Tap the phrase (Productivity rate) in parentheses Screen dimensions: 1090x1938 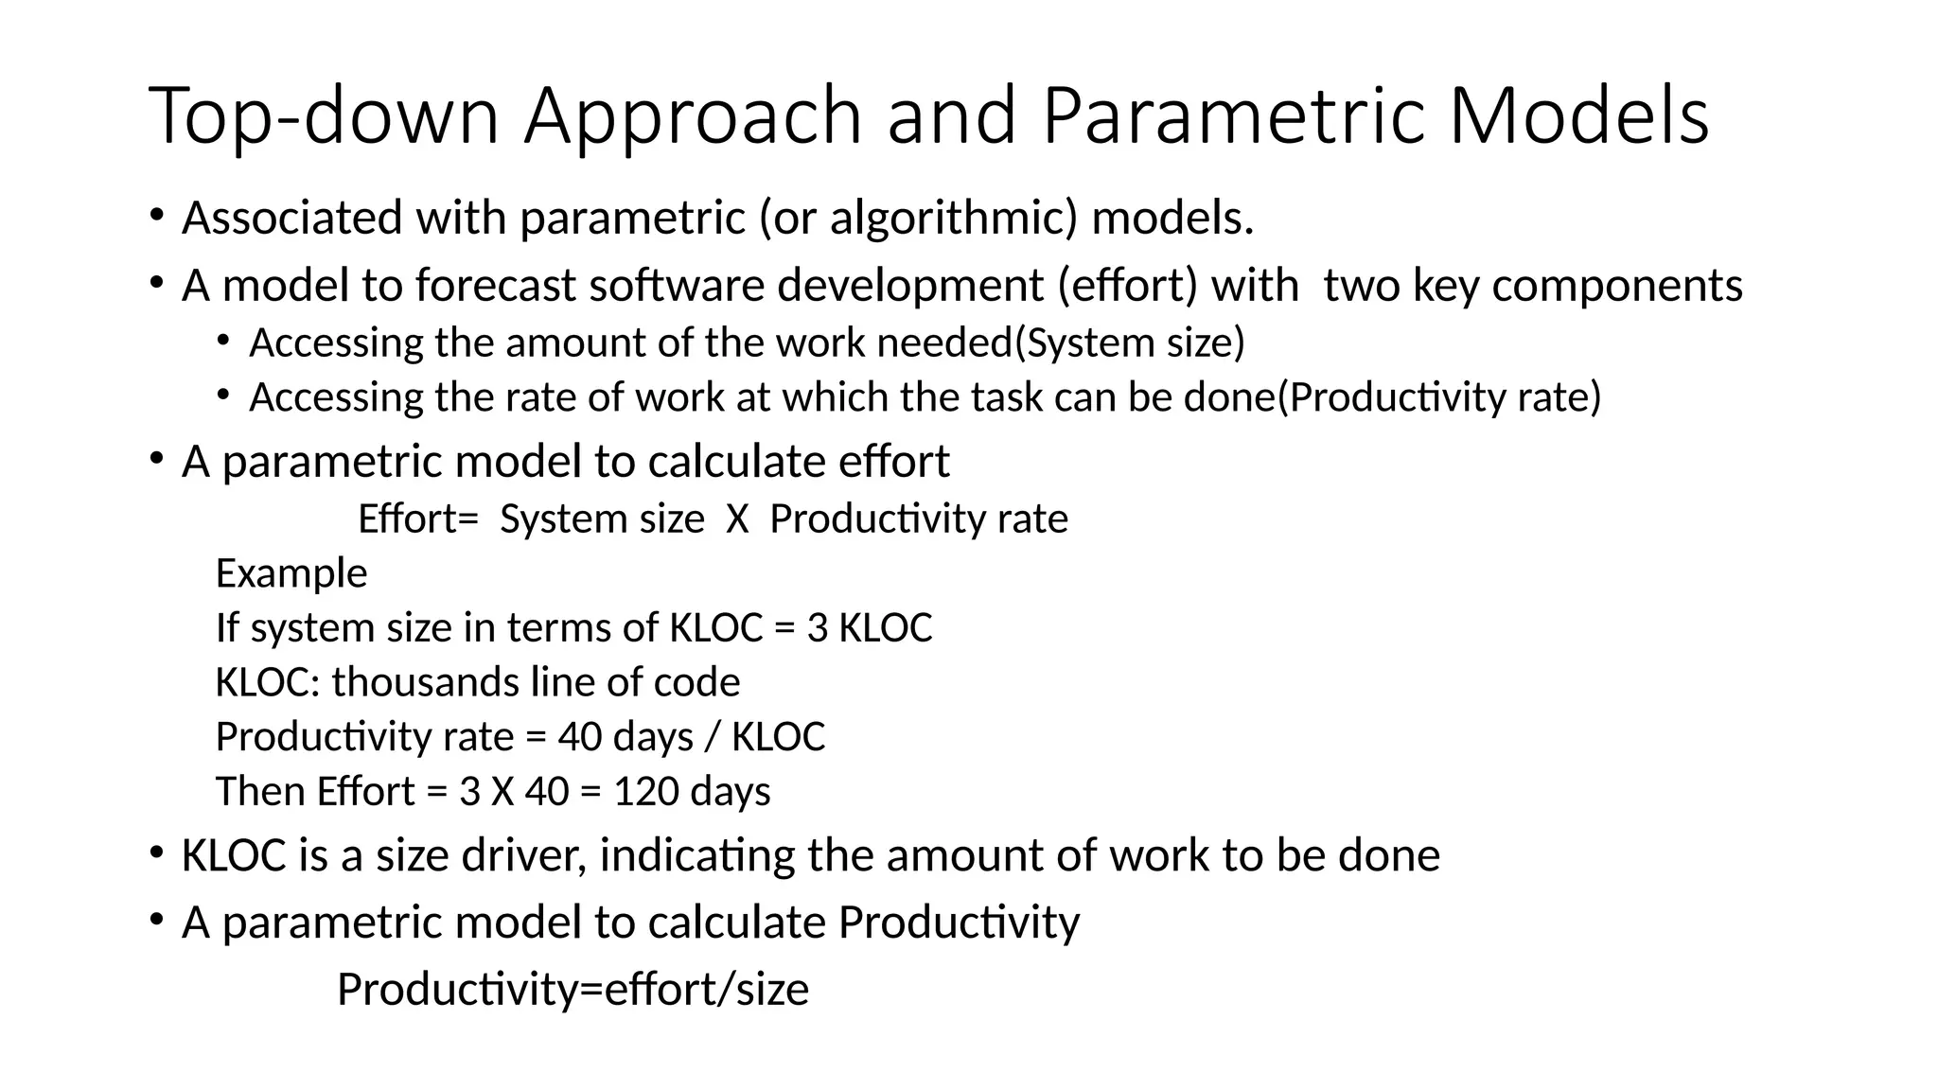pyautogui.click(x=1439, y=396)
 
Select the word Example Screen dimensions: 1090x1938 pyautogui.click(x=291, y=573)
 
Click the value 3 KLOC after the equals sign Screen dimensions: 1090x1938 pyautogui.click(x=870, y=627)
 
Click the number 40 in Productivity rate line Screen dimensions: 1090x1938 pyautogui.click(x=579, y=736)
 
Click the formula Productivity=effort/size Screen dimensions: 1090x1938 pyautogui.click(x=573, y=990)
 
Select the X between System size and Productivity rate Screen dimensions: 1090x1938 pyautogui.click(x=737, y=519)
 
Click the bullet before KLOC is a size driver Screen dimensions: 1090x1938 pyautogui.click(x=156, y=853)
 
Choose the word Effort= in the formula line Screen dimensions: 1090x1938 pyautogui.click(x=418, y=519)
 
